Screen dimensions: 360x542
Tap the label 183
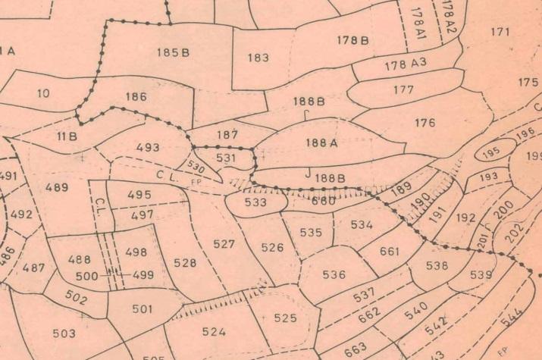(258, 58)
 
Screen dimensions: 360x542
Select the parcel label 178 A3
(406, 65)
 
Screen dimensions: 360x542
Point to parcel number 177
(403, 90)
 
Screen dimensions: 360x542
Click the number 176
(425, 122)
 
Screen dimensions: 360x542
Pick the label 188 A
(321, 141)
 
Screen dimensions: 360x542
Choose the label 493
(148, 147)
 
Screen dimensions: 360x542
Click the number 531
(226, 158)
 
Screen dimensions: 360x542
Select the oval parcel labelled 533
(256, 202)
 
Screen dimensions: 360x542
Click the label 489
(57, 187)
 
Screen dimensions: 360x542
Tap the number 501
(142, 308)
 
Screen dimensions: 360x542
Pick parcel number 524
(215, 331)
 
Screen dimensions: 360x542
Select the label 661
(390, 251)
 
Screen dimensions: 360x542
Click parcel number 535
(311, 233)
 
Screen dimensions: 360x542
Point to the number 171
(500, 32)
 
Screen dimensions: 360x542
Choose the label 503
(64, 333)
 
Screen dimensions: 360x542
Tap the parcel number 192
(467, 218)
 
